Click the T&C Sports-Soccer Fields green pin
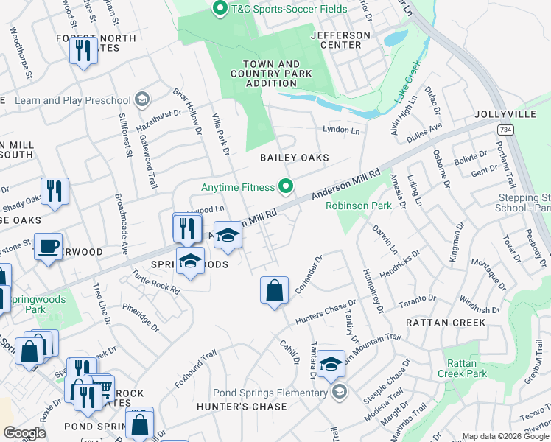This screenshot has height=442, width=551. [x=219, y=9]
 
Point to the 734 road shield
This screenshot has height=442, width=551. [x=505, y=130]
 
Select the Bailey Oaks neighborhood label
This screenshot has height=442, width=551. [x=294, y=158]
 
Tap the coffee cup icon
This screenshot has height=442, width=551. [x=49, y=246]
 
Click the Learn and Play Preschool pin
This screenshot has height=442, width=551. [x=141, y=100]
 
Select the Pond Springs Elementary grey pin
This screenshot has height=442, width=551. [x=338, y=392]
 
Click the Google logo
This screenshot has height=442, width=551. [x=24, y=433]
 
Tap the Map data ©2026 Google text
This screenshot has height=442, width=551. [x=505, y=436]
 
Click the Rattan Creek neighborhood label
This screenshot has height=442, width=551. [x=446, y=323]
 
